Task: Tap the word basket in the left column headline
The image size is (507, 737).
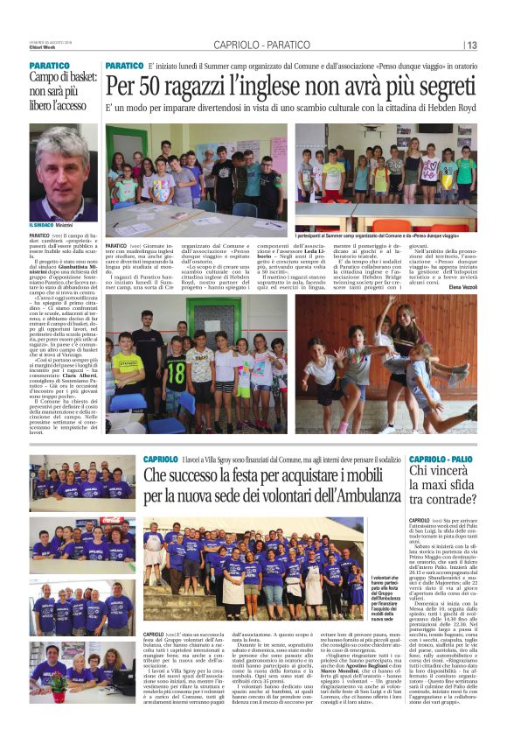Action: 80,81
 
